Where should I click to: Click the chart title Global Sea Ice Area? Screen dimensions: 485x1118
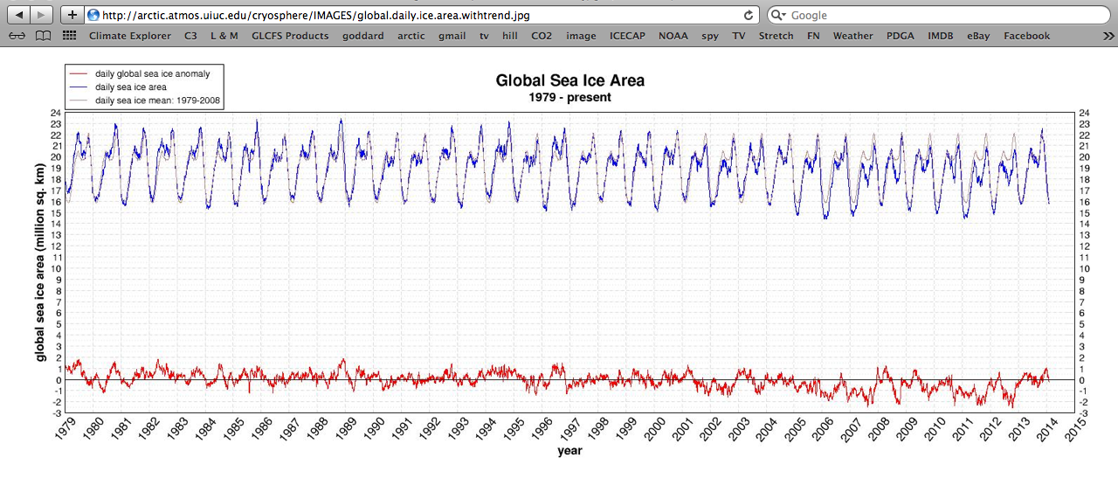point(569,80)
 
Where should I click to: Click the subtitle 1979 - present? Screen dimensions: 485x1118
point(569,97)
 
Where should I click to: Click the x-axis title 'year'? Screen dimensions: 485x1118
point(569,451)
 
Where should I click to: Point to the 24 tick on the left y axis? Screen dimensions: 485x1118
point(55,113)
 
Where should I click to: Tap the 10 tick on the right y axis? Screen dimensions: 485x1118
point(1085,269)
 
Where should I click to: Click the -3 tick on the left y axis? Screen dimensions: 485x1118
point(55,413)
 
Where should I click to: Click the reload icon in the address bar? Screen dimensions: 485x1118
point(749,15)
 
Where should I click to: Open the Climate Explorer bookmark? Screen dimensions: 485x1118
point(130,36)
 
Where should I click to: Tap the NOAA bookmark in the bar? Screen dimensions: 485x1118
point(673,36)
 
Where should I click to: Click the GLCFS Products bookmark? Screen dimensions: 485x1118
point(290,36)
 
